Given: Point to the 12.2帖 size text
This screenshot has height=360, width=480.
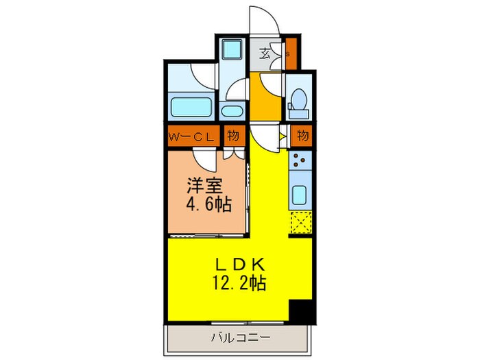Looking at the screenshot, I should (239, 283).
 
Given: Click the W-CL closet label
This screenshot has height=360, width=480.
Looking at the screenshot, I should (192, 136).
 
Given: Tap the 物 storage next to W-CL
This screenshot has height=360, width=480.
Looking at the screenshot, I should (233, 136).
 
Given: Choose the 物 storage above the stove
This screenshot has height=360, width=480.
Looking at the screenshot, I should (302, 136).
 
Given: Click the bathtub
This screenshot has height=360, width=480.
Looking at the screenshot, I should (191, 108).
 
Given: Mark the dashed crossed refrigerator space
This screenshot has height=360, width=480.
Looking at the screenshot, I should (300, 224).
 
